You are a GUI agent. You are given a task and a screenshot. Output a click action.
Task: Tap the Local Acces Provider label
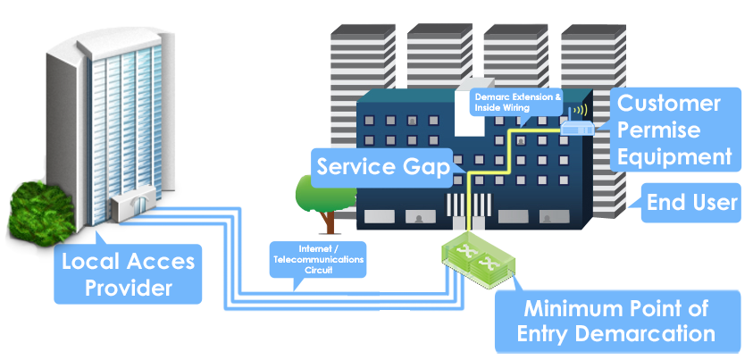pos(127,275)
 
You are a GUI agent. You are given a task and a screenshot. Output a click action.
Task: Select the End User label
pos(693,204)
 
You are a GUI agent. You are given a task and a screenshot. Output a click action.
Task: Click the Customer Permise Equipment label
pos(675,130)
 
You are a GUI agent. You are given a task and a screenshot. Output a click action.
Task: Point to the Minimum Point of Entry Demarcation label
pos(616,322)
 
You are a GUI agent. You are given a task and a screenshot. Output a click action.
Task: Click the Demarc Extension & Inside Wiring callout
pos(515,103)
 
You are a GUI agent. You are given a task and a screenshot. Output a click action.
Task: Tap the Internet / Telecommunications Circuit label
pos(318,259)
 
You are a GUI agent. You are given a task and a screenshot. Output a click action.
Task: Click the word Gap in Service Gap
pos(428,167)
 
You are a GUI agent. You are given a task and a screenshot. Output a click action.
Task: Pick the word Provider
pos(129,289)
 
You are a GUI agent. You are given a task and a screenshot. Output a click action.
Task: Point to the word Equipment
pos(675,157)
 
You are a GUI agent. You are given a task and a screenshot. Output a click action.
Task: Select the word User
pos(713,204)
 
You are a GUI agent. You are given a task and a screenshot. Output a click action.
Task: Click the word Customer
pos(669,103)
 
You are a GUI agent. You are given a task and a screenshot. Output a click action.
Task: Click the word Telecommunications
pos(318,259)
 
